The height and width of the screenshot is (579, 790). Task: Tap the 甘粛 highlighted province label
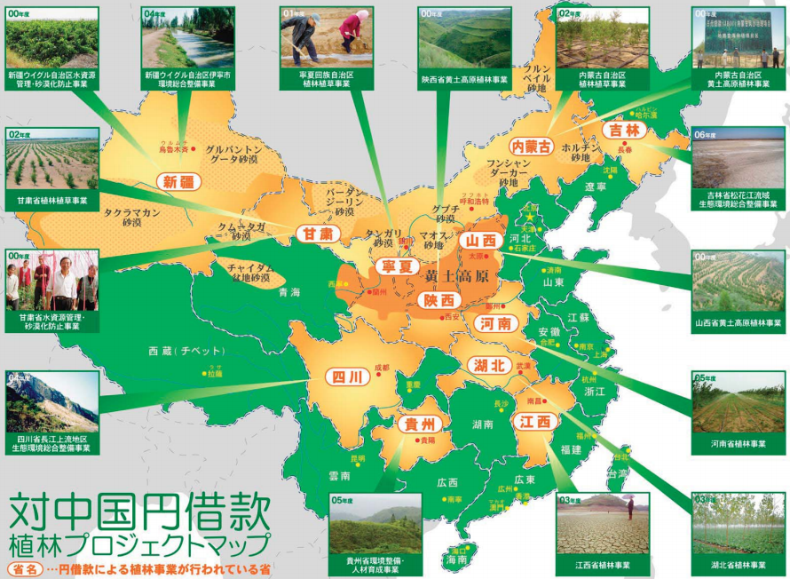pyautogui.click(x=314, y=233)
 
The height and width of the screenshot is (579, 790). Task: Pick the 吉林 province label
pyautogui.click(x=625, y=130)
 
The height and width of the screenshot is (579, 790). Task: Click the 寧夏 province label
pyautogui.click(x=396, y=266)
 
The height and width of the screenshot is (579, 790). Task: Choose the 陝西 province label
pyautogui.click(x=438, y=300)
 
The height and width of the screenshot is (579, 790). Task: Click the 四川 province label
pyautogui.click(x=345, y=377)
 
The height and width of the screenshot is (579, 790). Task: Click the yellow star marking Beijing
pyautogui.click(x=531, y=216)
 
